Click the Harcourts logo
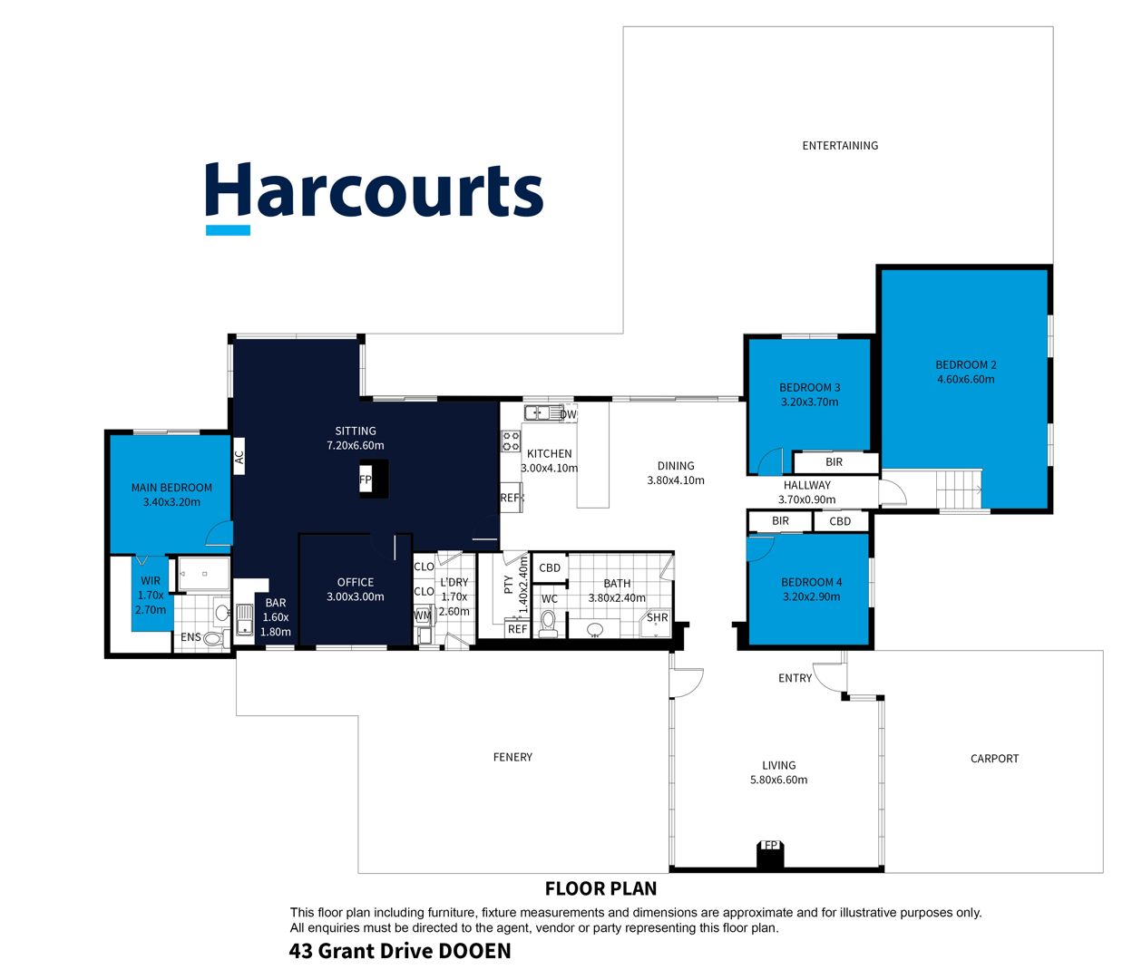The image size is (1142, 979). click(374, 197)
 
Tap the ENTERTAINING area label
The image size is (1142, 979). click(840, 146)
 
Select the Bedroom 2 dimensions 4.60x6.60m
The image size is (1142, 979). click(965, 379)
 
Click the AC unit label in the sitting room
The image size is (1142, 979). click(239, 456)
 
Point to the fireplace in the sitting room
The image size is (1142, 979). click(374, 479)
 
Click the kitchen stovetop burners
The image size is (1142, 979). click(511, 441)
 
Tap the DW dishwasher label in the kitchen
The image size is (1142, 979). click(568, 414)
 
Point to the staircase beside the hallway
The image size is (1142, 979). click(959, 489)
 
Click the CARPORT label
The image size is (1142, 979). click(994, 759)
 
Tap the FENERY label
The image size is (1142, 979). click(512, 757)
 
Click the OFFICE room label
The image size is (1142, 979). click(356, 582)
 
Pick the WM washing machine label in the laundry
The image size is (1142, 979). click(423, 616)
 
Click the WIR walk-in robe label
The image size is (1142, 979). click(151, 580)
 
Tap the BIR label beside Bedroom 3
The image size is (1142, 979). click(834, 461)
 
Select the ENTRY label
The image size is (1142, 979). click(795, 678)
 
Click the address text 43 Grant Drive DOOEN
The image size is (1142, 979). click(400, 951)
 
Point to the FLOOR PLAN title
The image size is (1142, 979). click(600, 888)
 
